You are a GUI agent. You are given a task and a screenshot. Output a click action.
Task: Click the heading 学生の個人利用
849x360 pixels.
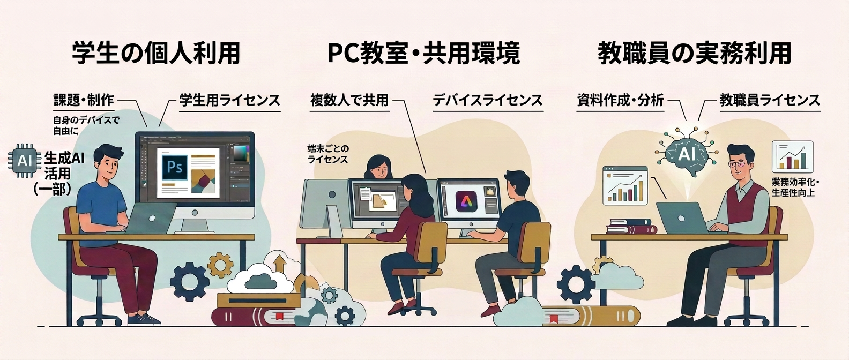click(156, 54)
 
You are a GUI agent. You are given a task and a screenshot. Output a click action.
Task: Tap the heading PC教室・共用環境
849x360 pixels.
click(423, 54)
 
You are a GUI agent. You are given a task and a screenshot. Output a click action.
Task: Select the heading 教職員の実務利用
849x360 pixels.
click(694, 54)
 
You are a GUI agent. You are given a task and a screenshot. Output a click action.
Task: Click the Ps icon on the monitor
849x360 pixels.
click(175, 168)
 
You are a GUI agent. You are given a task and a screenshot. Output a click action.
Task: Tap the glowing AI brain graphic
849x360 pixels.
click(687, 153)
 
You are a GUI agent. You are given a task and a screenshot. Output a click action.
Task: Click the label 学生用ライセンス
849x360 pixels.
click(230, 100)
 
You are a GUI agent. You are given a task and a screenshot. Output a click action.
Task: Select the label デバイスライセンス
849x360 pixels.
click(488, 100)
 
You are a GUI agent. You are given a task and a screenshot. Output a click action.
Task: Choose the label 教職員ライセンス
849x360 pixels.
click(770, 100)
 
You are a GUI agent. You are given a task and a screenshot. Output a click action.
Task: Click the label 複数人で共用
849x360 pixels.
click(349, 100)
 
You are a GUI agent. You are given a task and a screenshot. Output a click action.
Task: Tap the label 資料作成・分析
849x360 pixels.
click(620, 100)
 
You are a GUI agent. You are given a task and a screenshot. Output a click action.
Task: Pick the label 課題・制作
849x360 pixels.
click(84, 100)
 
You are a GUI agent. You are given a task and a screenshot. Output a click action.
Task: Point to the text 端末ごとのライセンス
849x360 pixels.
click(328, 154)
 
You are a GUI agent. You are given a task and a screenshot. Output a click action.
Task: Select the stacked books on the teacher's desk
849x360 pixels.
click(631, 226)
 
